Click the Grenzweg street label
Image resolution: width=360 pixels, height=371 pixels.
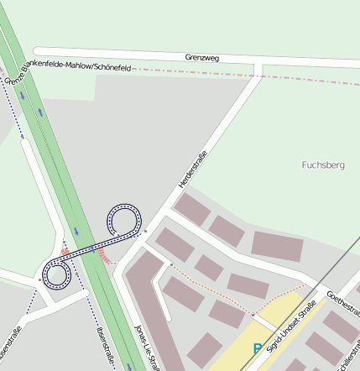[x=201, y=58]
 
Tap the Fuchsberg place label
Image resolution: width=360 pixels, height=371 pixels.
[x=323, y=165]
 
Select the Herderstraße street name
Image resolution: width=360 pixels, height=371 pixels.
[x=192, y=168]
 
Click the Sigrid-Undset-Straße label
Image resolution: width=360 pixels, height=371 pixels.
[x=290, y=324]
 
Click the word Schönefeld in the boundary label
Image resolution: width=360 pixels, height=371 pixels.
[x=113, y=66]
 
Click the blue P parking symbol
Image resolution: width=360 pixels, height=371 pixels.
[x=258, y=347]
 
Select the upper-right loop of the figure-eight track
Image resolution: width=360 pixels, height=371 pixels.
[x=123, y=220]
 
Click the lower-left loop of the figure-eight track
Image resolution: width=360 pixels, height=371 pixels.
[x=56, y=274]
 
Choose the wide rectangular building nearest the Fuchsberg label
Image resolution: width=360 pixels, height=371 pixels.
[x=276, y=246]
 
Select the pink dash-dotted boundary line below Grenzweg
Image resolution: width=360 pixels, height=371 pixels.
[x=252, y=77]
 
